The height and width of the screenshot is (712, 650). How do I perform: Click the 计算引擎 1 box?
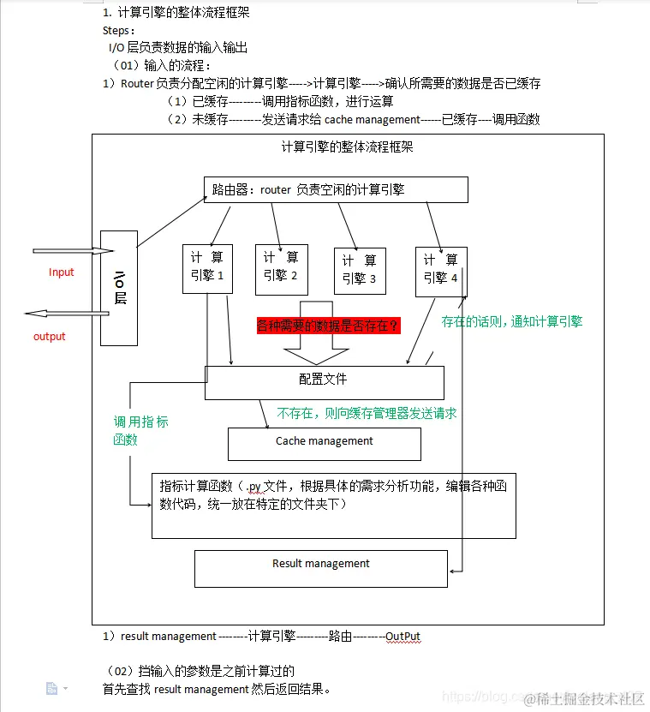pos(207,268)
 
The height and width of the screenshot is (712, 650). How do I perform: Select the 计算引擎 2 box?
pos(281,268)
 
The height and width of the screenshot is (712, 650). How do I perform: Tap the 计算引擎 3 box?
pos(360,270)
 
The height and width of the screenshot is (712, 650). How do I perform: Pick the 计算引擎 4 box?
pos(441,270)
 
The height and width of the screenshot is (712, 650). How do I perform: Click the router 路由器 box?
pos(336,189)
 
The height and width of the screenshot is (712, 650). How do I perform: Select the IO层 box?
pos(119,288)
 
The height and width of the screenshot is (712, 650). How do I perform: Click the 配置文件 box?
pos(324,381)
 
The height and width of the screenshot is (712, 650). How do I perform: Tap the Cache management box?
pos(324,443)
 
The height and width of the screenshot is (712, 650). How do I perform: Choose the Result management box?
pos(321,567)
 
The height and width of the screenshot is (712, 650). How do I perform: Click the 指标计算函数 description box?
pos(333,505)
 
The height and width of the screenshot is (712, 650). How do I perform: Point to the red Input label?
pos(62,272)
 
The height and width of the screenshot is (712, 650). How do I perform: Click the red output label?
pos(50,337)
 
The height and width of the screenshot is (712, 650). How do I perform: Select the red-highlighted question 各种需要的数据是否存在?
pos(329,326)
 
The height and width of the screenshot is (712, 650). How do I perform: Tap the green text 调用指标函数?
pos(140,430)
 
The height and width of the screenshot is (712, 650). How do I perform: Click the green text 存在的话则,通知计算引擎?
pos(511,322)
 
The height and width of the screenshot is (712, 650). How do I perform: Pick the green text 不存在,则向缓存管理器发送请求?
pos(367,413)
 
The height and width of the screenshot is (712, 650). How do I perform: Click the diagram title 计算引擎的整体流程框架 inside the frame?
pos(348,147)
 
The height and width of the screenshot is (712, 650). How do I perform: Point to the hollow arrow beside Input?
pos(73,251)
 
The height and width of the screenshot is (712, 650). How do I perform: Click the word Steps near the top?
pos(118,31)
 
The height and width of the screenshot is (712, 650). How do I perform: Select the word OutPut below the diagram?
pos(403,637)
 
